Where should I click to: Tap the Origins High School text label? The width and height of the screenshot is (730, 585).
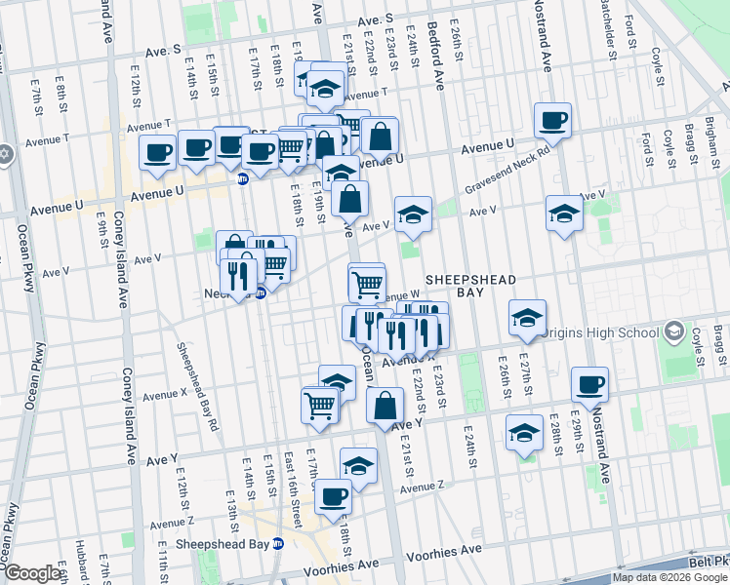tap(602, 332)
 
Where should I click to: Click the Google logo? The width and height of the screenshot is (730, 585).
tap(31, 574)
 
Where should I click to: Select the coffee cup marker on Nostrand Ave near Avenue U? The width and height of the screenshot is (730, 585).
tap(553, 121)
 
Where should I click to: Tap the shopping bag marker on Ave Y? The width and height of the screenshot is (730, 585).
tap(386, 405)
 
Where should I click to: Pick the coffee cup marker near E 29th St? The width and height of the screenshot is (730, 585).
tap(588, 385)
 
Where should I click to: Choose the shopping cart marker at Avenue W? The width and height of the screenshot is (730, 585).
tap(366, 284)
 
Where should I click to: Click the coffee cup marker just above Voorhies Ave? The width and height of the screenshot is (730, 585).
tap(333, 496)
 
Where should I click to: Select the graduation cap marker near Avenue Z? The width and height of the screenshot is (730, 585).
tap(358, 466)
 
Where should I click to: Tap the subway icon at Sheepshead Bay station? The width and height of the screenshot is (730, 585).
tap(277, 544)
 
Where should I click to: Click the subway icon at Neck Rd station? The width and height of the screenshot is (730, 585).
tap(261, 293)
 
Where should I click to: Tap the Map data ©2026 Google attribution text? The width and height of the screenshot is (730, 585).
tap(669, 577)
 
